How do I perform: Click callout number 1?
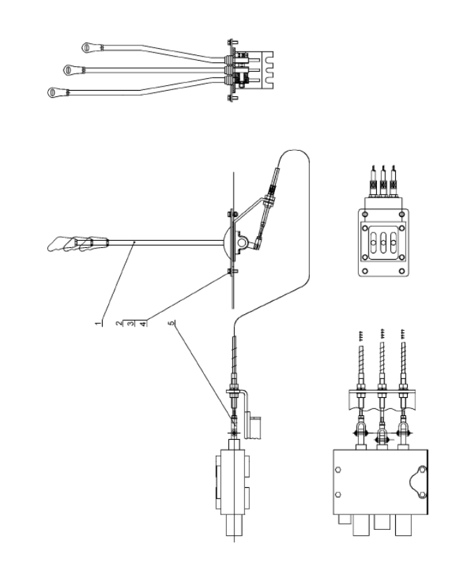coord(98,323)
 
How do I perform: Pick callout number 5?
coord(171,323)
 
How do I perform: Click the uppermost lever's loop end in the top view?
coord(87,47)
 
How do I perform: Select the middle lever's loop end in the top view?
coord(69,70)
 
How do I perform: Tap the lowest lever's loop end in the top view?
coord(53,92)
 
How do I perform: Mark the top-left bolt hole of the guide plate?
coord(366,214)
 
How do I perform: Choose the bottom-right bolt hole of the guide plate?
coord(401,271)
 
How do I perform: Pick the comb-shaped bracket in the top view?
coord(265,70)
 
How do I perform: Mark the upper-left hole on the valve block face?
coord(338,469)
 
